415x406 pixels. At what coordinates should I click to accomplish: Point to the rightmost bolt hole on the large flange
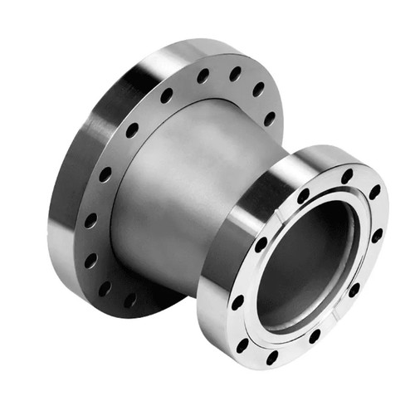click(270, 117)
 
